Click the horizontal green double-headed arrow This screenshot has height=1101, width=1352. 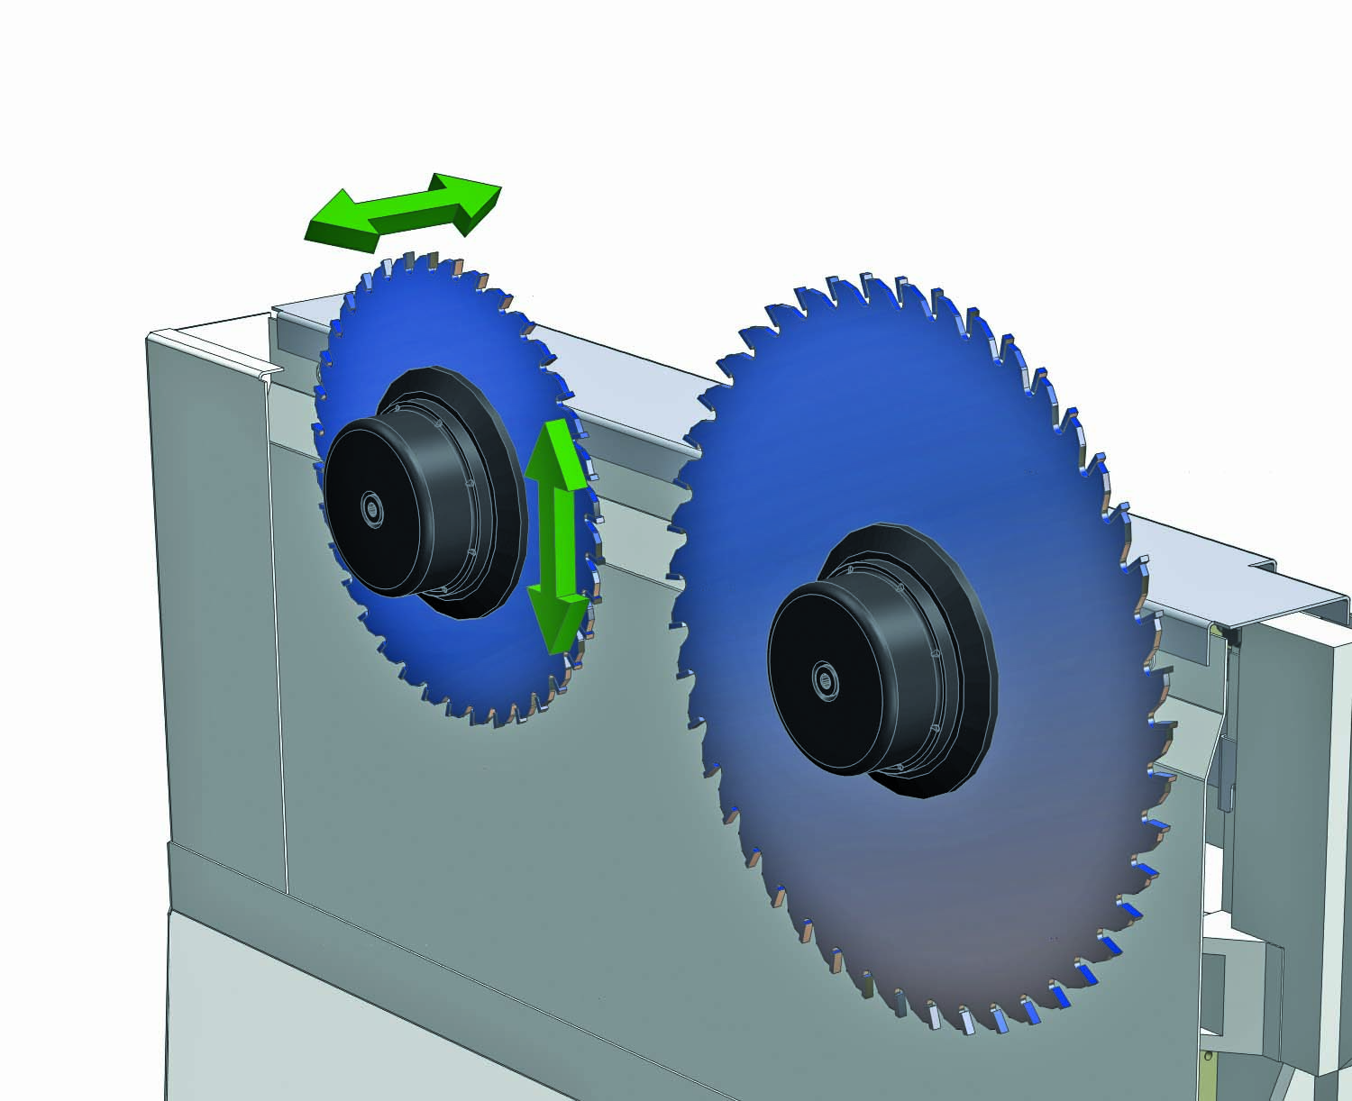click(403, 213)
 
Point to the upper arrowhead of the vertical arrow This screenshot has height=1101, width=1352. click(553, 450)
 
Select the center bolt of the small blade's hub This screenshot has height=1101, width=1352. click(371, 508)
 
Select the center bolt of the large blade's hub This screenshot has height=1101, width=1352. click(823, 678)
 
